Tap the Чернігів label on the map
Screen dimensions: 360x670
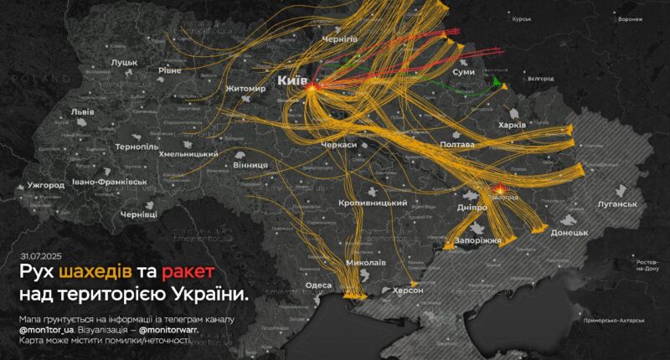(x=340, y=39)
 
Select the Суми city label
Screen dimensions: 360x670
(x=463, y=73)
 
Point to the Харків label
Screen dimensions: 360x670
(x=512, y=125)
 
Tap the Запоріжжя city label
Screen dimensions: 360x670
(x=477, y=240)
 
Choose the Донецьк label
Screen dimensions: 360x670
(x=570, y=232)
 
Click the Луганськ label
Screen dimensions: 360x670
(x=618, y=204)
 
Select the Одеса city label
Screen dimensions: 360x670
(x=318, y=285)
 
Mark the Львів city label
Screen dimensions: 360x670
(x=82, y=111)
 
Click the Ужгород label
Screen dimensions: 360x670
(x=46, y=184)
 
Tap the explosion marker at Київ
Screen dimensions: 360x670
(x=312, y=87)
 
